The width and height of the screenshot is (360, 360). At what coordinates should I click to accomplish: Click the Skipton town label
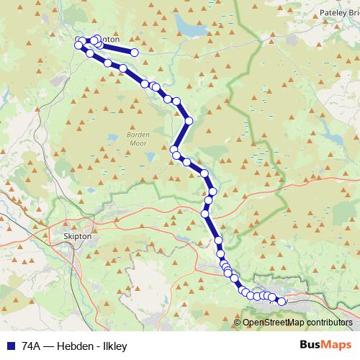78,235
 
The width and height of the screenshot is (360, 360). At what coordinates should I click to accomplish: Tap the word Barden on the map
137,135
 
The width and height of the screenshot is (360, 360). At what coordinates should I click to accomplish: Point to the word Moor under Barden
137,143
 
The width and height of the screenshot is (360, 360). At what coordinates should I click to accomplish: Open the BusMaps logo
325,345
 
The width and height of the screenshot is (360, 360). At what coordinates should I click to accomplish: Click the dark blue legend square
11,346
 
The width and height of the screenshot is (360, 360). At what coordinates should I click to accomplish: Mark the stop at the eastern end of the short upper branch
134,52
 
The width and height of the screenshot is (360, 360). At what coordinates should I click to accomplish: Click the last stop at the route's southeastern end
282,302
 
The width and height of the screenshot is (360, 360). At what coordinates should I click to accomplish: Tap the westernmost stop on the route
78,45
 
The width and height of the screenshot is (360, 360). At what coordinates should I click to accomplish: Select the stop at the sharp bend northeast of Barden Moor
189,120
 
